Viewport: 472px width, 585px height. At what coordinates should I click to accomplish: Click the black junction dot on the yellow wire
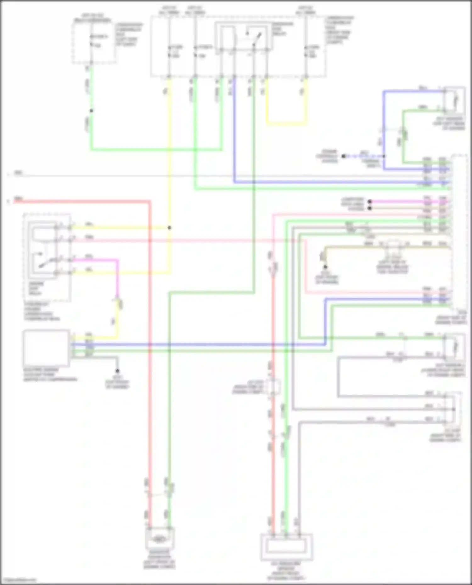coord(169,228)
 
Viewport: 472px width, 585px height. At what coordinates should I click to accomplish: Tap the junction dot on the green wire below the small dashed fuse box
coord(91,111)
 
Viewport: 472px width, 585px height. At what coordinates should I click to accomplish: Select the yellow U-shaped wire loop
coord(286,123)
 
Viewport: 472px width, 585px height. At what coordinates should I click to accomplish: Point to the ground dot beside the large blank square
coord(117,371)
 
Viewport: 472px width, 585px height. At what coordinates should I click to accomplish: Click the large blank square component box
coord(46,348)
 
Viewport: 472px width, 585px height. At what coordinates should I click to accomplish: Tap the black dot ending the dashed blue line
coord(344,156)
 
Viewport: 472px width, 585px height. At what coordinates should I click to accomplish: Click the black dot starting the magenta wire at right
coord(370,201)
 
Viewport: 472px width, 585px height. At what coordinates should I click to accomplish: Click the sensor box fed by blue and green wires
coord(454,100)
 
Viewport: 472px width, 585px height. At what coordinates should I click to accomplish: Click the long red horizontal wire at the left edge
coord(79,201)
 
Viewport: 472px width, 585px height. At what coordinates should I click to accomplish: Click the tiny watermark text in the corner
coord(18,580)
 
